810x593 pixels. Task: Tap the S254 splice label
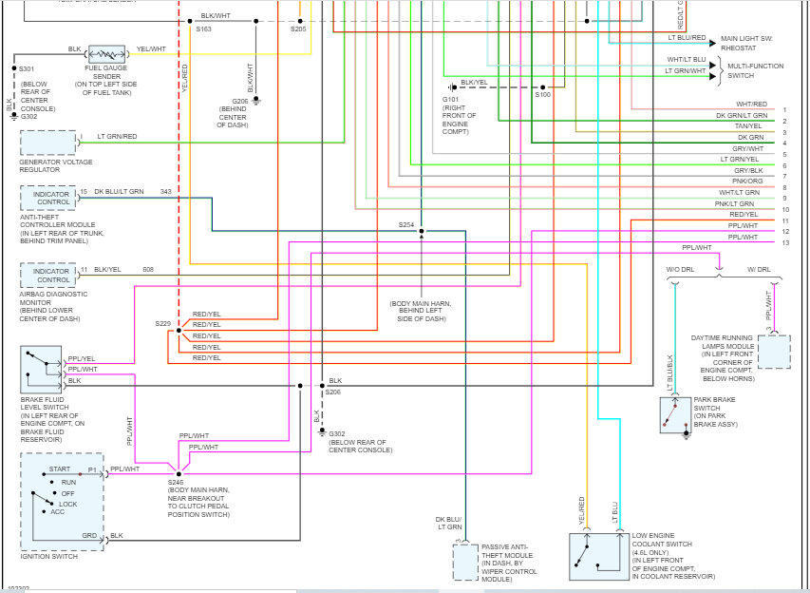[406, 224]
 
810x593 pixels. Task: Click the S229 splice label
[163, 324]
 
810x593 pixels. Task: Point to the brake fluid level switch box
[41, 370]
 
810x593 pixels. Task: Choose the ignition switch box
[62, 501]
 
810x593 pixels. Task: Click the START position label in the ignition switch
[59, 470]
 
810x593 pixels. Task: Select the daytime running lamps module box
[773, 352]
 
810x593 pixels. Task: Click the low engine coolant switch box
[598, 556]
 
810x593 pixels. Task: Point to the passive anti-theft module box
[465, 562]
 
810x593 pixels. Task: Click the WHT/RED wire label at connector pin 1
[751, 105]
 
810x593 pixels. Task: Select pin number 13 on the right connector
[785, 243]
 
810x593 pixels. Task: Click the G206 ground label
[241, 102]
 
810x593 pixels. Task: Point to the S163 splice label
[204, 30]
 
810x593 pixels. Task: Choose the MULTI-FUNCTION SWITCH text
[755, 70]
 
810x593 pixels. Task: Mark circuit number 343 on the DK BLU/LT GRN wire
[166, 192]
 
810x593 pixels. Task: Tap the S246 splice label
[177, 482]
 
